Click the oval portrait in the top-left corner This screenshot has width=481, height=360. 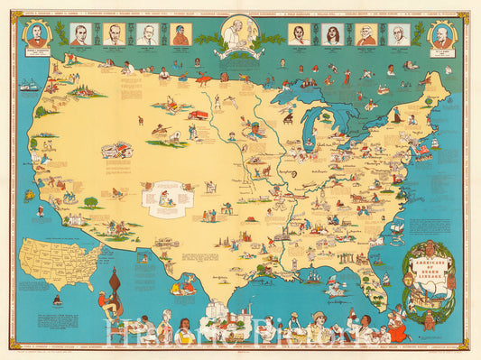[37, 36]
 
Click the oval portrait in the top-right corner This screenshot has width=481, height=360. [442, 37]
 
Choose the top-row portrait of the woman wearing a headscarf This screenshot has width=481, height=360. [180, 34]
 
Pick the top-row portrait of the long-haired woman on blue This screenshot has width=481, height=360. [331, 34]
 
